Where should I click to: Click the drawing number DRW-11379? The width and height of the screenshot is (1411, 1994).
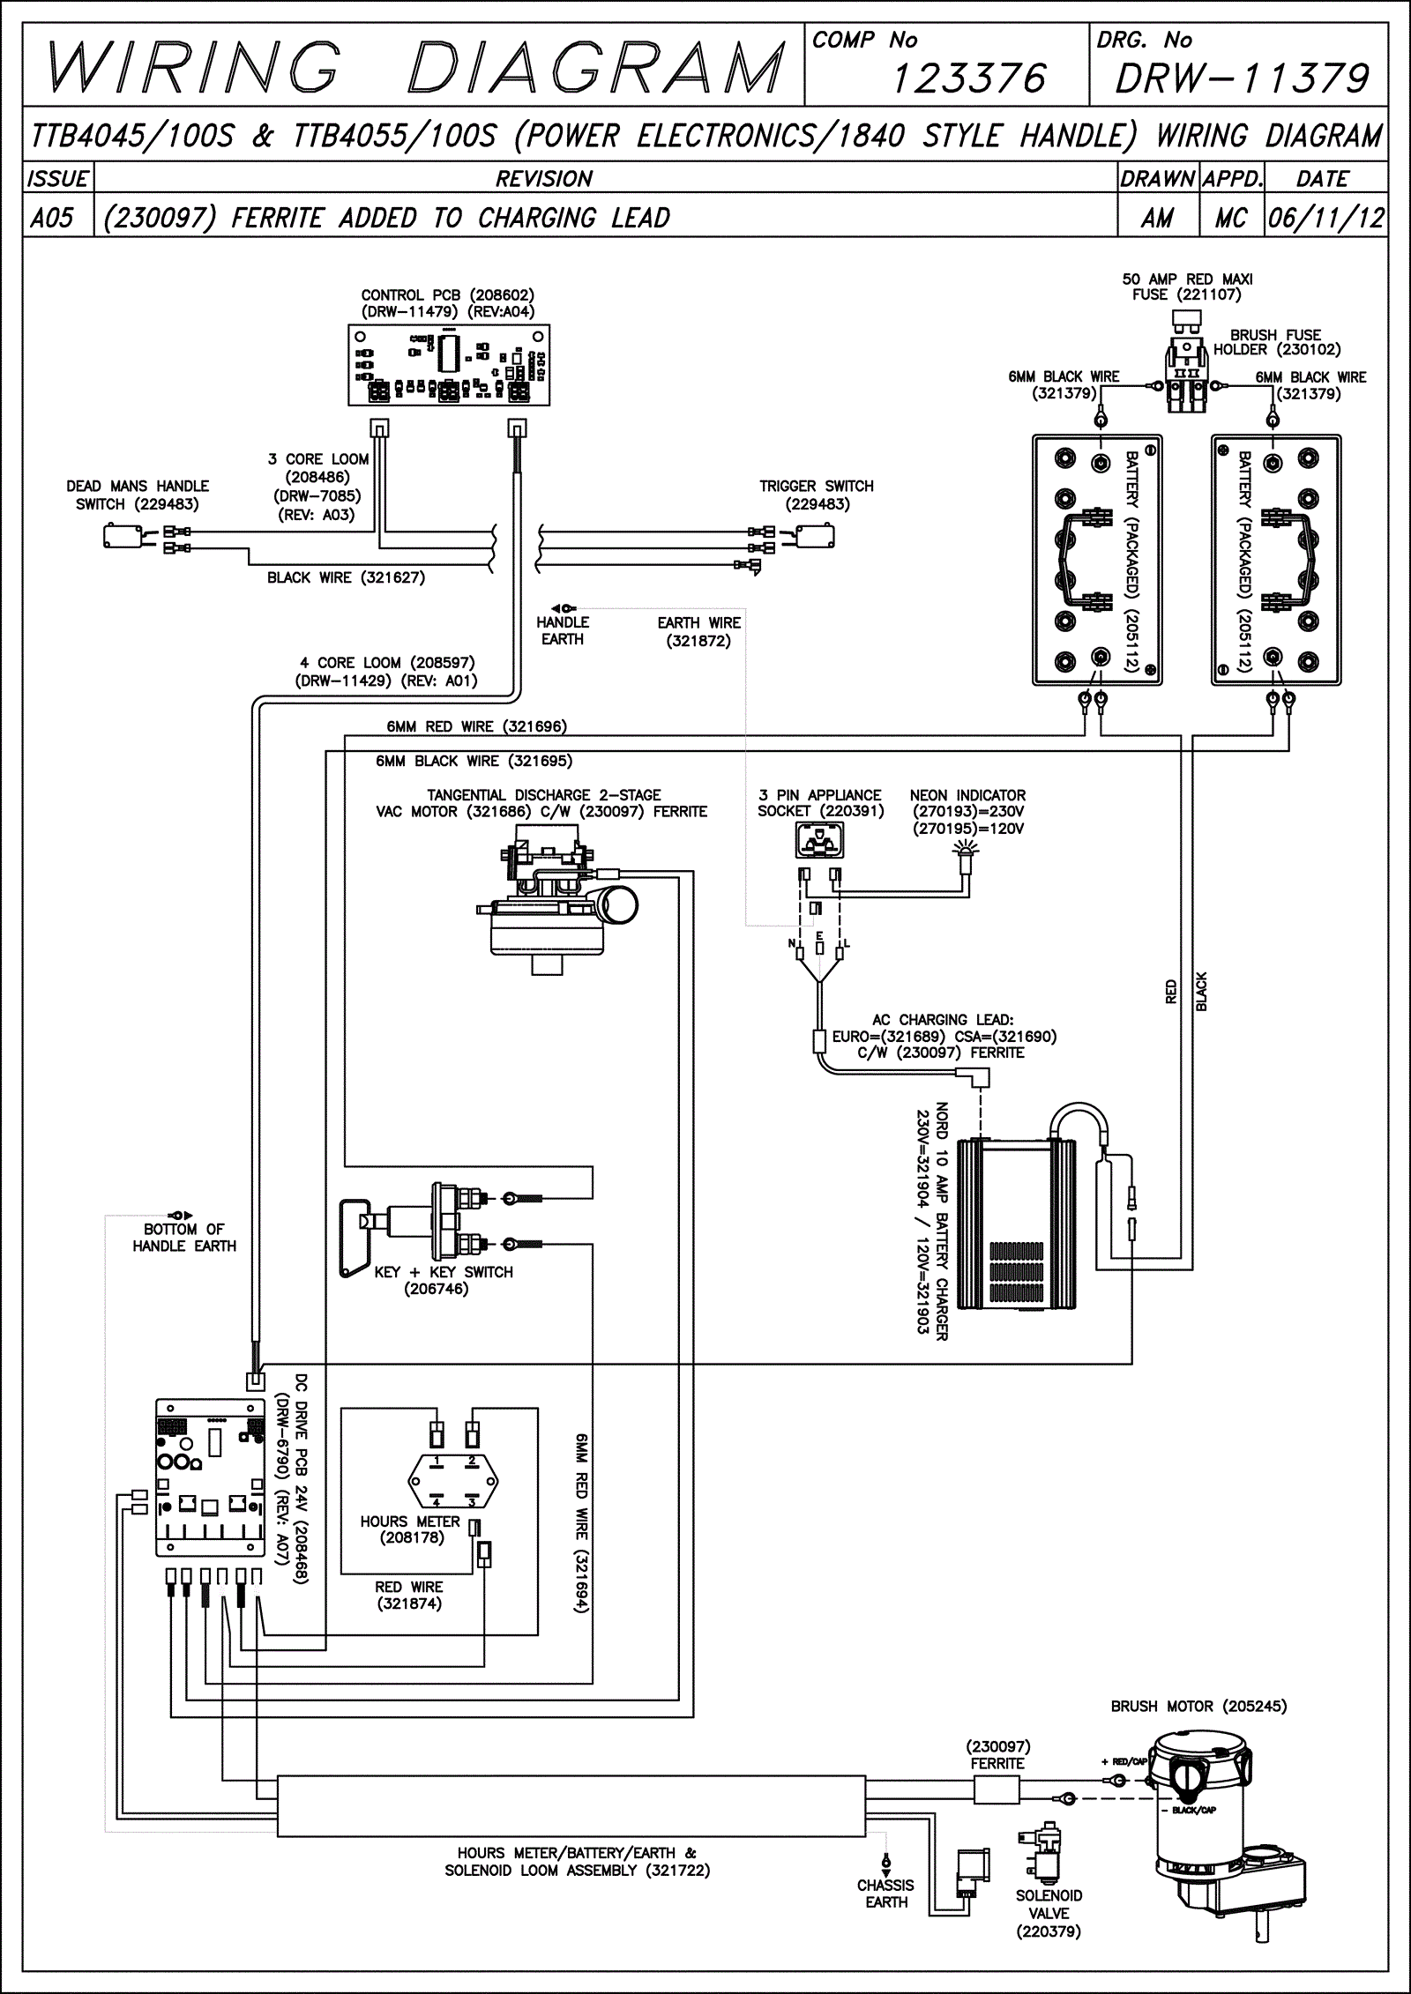pos(1242,80)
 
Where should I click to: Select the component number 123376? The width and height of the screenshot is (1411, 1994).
pos(967,80)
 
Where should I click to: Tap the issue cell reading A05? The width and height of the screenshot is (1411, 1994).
pos(52,218)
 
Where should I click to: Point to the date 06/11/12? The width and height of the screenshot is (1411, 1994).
pos(1325,218)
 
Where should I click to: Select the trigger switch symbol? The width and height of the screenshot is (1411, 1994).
pos(816,535)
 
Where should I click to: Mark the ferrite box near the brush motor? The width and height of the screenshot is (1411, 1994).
pos(997,1790)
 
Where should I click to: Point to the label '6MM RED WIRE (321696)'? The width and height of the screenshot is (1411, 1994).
pos(476,727)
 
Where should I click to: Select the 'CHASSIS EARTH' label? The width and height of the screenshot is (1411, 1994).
pos(886,1894)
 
